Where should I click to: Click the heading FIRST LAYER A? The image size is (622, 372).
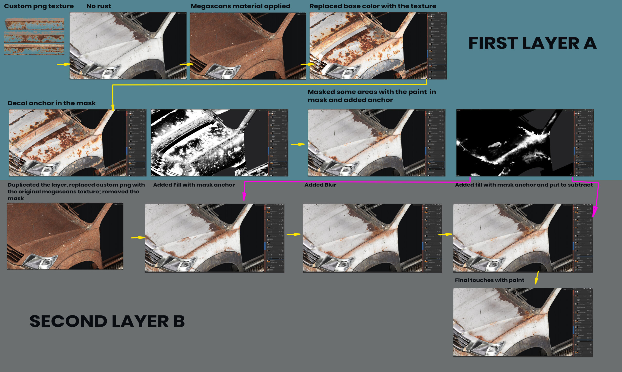point(532,43)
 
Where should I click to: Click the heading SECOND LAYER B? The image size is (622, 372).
point(107,321)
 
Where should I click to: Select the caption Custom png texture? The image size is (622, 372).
point(39,6)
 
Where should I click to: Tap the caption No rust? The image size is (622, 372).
point(99,6)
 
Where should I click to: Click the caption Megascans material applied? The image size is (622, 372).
point(240,6)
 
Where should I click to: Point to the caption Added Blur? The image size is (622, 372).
point(320,185)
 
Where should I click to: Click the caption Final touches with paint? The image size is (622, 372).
point(489,280)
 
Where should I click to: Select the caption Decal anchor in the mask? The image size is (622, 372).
point(52,103)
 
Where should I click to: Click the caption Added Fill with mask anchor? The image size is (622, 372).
point(194,185)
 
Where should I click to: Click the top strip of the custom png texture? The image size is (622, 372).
point(34,24)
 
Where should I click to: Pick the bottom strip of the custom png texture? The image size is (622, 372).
point(34,49)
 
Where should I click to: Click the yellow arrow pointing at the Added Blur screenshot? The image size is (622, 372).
point(294,234)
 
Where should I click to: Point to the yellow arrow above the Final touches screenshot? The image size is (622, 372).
point(537,278)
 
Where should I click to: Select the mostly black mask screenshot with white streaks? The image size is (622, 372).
point(514,143)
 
